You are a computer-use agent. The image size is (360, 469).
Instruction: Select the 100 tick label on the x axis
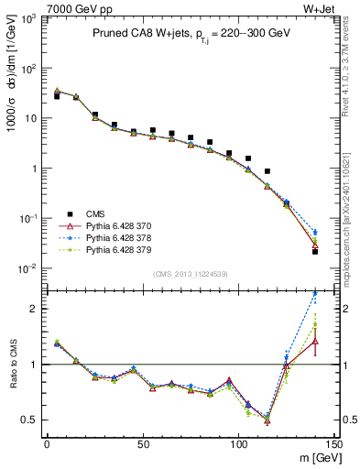pyautogui.click(x=238, y=444)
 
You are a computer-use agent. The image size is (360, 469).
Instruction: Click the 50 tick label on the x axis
pyautogui.click(x=142, y=444)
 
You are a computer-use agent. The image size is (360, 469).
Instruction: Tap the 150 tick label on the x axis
pyautogui.click(x=334, y=444)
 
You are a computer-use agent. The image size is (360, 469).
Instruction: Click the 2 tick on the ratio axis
pyautogui.click(x=33, y=309)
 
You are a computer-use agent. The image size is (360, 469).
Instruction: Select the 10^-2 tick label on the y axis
pyautogui.click(x=27, y=268)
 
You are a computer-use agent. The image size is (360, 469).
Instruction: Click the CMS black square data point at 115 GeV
pyautogui.click(x=267, y=171)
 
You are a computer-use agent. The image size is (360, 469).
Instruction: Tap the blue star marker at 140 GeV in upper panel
pyautogui.click(x=315, y=233)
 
